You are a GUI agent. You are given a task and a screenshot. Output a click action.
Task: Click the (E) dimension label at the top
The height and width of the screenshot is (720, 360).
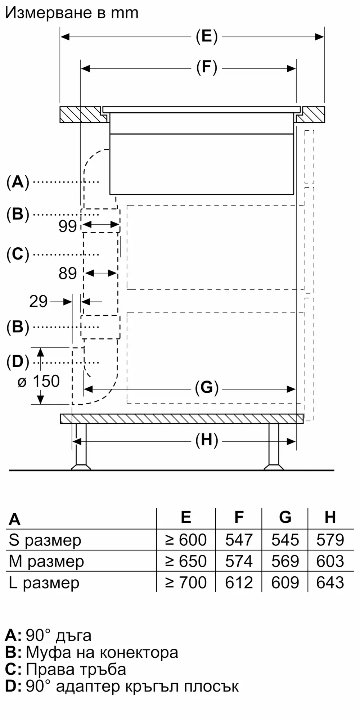[207, 36]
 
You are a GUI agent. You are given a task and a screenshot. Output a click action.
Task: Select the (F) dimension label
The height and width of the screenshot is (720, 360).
[207, 68]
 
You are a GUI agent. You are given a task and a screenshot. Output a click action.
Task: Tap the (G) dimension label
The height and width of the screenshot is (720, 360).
[207, 388]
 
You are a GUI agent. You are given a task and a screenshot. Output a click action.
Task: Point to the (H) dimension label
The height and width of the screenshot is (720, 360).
[207, 441]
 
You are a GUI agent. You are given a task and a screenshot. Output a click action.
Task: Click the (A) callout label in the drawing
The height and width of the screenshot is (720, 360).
[18, 182]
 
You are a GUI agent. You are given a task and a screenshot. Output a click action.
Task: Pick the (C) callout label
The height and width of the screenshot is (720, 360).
[18, 255]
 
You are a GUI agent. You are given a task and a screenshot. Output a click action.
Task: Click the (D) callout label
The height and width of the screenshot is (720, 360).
[18, 362]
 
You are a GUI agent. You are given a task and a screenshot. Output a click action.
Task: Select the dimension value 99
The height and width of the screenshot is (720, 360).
[68, 226]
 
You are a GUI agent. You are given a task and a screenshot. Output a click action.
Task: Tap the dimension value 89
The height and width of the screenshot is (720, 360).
[68, 274]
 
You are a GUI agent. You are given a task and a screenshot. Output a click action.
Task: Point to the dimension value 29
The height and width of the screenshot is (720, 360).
[38, 301]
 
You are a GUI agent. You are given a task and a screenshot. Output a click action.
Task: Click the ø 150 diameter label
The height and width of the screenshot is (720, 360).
[39, 382]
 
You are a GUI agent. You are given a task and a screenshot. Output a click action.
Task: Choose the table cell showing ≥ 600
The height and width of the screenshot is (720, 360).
[186, 540]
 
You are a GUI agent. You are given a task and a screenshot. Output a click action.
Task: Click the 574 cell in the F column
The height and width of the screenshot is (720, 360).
[239, 561]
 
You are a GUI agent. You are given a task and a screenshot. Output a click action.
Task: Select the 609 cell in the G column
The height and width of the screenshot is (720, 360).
[285, 582]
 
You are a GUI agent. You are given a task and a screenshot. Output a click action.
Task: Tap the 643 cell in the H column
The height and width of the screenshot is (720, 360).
[330, 582]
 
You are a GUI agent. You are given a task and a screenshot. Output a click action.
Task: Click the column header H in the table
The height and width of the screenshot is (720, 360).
[330, 517]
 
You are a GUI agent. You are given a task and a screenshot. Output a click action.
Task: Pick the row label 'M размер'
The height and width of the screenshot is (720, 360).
[46, 561]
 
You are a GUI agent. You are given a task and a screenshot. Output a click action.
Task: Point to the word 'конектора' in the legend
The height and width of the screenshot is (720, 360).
[139, 652]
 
